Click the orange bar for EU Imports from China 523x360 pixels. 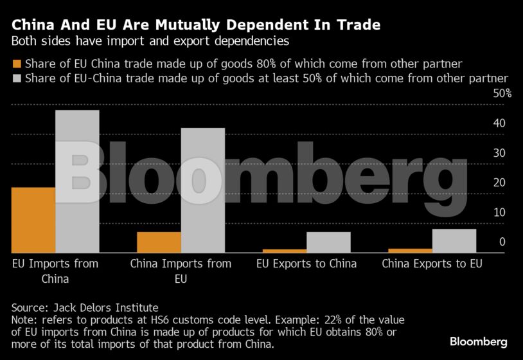pyautogui.click(x=33, y=220)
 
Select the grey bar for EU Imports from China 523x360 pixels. pyautogui.click(x=77, y=181)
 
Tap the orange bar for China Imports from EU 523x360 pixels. pyautogui.click(x=159, y=242)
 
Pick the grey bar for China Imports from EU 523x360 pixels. pyautogui.click(x=202, y=190)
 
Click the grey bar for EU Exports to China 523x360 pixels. pyautogui.click(x=328, y=242)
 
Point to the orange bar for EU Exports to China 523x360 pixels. pyautogui.click(x=285, y=251)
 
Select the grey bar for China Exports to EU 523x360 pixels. pyautogui.click(x=454, y=241)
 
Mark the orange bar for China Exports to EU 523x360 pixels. pyautogui.click(x=411, y=250)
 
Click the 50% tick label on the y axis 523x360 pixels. pyautogui.click(x=502, y=94)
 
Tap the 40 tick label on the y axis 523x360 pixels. pyautogui.click(x=499, y=123)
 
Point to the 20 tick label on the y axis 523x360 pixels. pyautogui.click(x=499, y=183)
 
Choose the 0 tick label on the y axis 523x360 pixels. pyautogui.click(x=502, y=242)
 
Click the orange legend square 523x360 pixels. pyautogui.click(x=17, y=64)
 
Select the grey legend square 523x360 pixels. pyautogui.click(x=17, y=78)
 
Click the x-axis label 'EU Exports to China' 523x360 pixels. pyautogui.click(x=306, y=264)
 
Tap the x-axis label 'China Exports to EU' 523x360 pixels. pyautogui.click(x=432, y=264)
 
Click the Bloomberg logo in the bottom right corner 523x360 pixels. pyautogui.click(x=478, y=341)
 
